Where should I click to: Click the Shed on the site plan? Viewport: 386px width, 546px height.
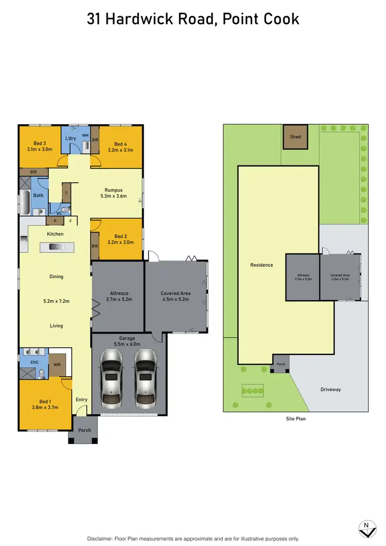(x=295, y=137)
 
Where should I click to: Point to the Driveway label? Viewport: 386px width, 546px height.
(x=330, y=389)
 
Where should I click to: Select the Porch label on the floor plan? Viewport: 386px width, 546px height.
(x=84, y=430)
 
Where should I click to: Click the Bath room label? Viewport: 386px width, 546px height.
(x=39, y=195)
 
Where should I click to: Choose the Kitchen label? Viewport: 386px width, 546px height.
(x=55, y=234)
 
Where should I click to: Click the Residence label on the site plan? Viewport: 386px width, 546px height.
(x=261, y=265)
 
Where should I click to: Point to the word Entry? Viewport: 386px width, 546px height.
(x=81, y=400)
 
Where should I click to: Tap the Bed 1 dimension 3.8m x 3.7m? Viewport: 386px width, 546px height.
(x=45, y=407)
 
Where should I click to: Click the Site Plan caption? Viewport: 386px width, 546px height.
(x=295, y=419)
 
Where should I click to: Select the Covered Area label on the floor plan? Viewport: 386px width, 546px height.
(x=176, y=293)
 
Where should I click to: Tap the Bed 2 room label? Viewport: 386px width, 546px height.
(x=121, y=236)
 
